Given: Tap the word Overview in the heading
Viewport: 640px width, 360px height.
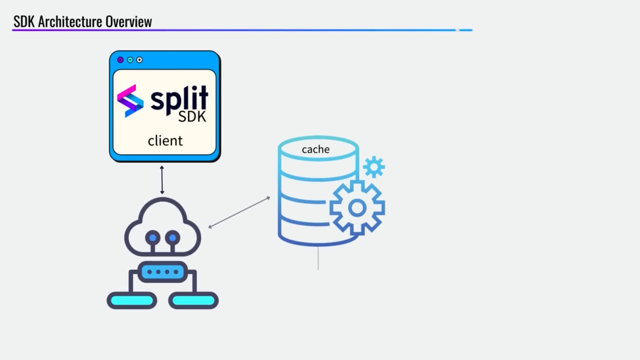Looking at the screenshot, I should [x=128, y=22].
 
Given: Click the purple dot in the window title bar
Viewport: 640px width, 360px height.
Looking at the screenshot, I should [x=120, y=60].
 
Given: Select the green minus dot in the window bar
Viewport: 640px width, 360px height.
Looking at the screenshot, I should [x=130, y=60].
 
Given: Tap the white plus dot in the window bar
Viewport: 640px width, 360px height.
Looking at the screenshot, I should [x=139, y=60].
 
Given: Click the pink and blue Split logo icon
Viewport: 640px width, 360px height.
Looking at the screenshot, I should [x=130, y=101].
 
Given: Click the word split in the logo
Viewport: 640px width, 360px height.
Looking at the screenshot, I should [x=179, y=98].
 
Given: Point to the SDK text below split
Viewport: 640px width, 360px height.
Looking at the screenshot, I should [x=192, y=117].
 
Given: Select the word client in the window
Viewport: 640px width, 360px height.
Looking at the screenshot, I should [x=165, y=141].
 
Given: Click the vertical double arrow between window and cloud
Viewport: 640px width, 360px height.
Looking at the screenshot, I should [x=162, y=180].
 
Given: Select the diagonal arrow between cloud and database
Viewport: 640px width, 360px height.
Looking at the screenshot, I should [x=239, y=212].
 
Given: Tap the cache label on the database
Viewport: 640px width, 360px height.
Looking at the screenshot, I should [x=315, y=149].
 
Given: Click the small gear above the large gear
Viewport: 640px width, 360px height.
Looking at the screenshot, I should [x=374, y=167].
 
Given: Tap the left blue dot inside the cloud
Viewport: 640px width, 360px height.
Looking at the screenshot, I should [x=153, y=238].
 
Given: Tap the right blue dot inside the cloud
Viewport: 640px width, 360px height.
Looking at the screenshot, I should [x=172, y=238].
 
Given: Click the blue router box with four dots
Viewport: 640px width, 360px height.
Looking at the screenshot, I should [x=162, y=272].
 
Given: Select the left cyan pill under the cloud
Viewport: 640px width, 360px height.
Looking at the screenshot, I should [x=131, y=300].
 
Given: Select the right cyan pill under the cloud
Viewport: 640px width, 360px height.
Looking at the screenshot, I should [x=193, y=300].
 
